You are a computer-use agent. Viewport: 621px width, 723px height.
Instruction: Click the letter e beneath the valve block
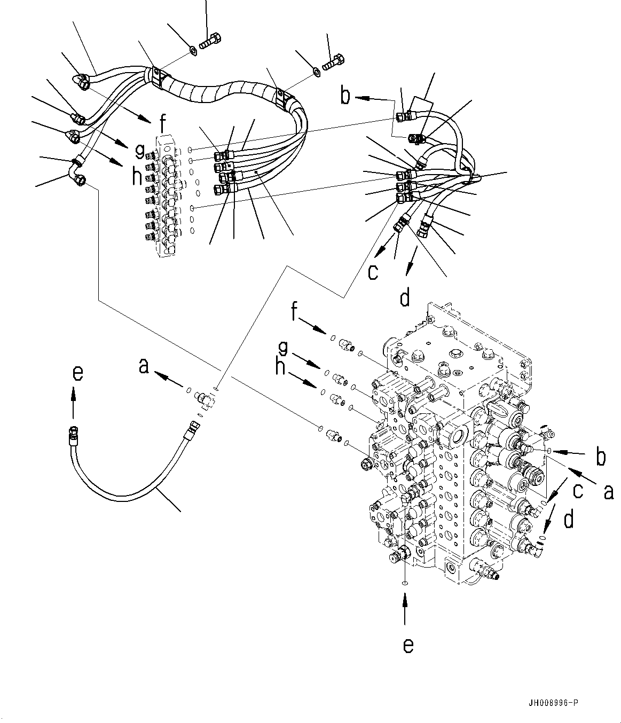click(407, 646)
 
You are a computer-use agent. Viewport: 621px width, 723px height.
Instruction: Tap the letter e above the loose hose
click(77, 373)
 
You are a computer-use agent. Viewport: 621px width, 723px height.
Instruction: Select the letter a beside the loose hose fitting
click(143, 366)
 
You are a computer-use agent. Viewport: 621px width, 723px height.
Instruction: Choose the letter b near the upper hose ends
click(346, 97)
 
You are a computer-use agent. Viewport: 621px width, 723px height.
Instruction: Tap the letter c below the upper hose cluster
click(372, 271)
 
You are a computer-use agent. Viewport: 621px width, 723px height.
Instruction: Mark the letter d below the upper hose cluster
click(405, 297)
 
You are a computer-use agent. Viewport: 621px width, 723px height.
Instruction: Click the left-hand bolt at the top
click(208, 40)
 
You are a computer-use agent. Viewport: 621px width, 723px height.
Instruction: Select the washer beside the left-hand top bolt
click(193, 51)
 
